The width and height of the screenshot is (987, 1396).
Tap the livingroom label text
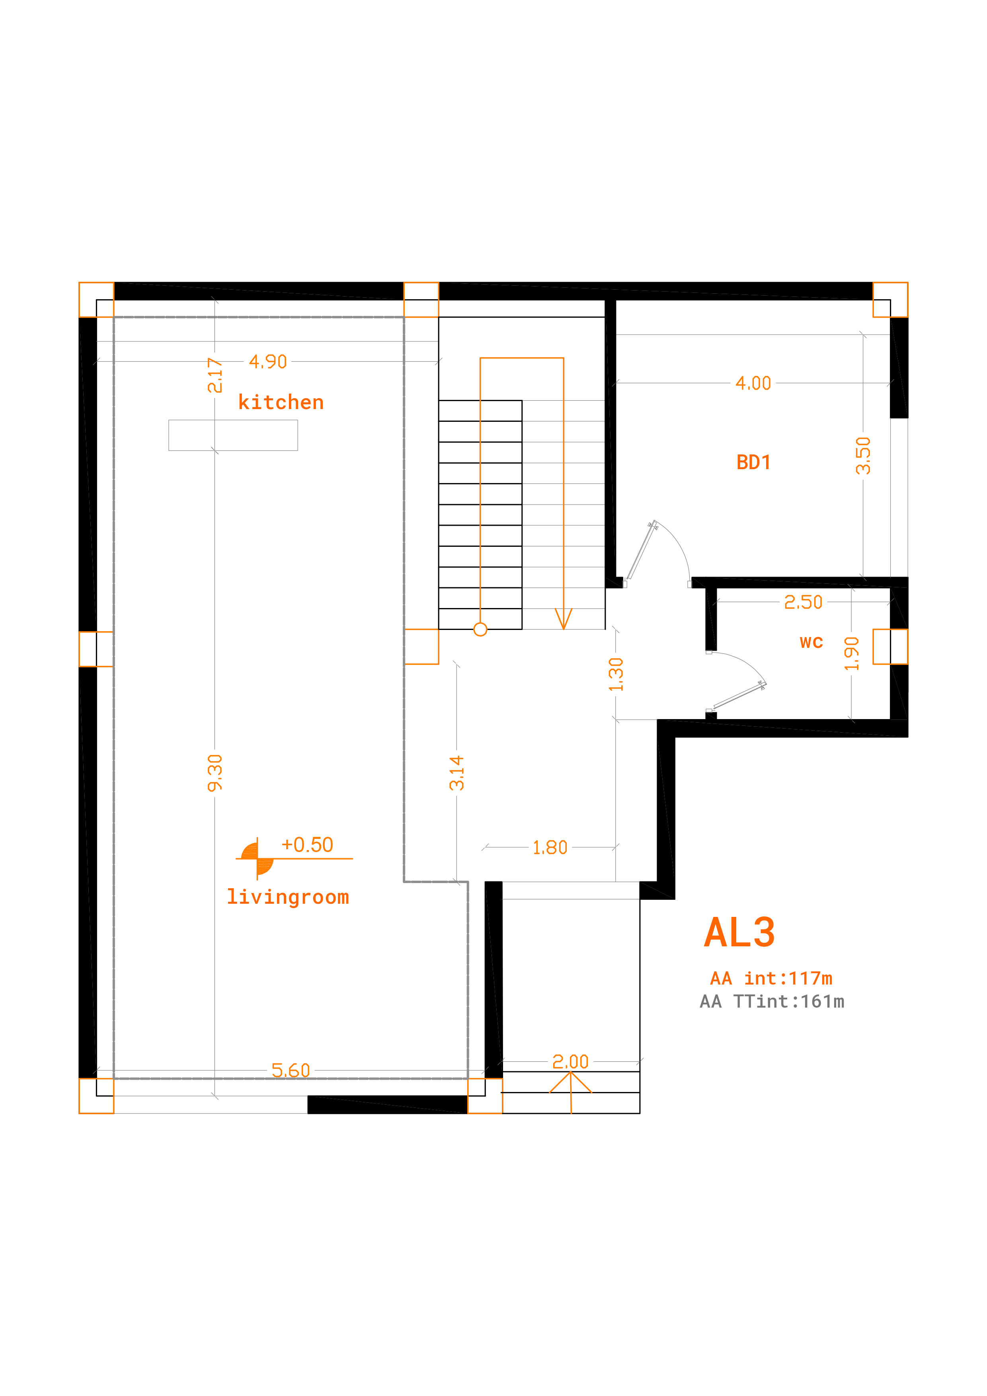288,897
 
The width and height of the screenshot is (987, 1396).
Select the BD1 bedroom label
753,463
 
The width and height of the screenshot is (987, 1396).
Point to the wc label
811,643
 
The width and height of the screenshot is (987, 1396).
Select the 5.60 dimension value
291,1070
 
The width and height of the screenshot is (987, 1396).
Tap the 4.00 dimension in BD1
753,383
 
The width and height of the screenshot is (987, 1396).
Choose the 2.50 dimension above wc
804,602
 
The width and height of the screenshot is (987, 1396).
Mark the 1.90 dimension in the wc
851,653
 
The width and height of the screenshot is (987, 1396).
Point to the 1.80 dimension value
550,848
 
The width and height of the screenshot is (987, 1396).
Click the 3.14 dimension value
457,773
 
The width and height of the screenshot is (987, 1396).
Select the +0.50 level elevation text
307,844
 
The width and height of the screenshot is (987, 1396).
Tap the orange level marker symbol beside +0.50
257,858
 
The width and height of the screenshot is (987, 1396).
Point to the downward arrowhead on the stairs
564,619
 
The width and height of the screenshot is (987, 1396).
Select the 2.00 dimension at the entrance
570,1062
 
